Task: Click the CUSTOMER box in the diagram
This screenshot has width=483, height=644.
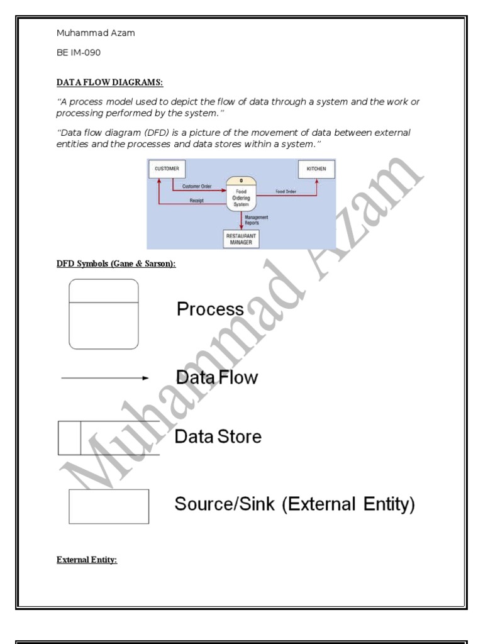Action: pyautogui.click(x=167, y=169)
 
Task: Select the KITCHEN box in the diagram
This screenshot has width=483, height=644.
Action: pyautogui.click(x=316, y=169)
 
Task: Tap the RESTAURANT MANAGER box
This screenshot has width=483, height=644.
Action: pyautogui.click(x=241, y=239)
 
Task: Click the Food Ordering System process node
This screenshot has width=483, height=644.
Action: pyautogui.click(x=241, y=194)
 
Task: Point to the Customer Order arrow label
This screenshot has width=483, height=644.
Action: pyautogui.click(x=197, y=186)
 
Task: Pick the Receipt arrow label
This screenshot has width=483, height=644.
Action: pyautogui.click(x=197, y=201)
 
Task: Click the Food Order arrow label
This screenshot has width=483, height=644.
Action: pyautogui.click(x=286, y=191)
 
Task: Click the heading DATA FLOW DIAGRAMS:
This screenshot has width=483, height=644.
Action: pyautogui.click(x=109, y=82)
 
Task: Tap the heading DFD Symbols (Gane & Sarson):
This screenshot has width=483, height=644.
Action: pyautogui.click(x=116, y=264)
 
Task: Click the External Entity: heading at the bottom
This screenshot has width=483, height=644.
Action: pyautogui.click(x=87, y=560)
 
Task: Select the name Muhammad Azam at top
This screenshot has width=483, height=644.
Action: pyautogui.click(x=96, y=33)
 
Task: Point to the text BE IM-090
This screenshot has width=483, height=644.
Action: pyautogui.click(x=79, y=53)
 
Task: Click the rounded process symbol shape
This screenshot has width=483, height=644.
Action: pyautogui.click(x=104, y=314)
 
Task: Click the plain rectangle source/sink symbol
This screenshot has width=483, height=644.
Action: pyautogui.click(x=109, y=506)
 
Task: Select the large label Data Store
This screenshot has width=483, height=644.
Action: pyautogui.click(x=218, y=436)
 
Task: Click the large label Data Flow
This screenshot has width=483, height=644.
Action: pyautogui.click(x=217, y=377)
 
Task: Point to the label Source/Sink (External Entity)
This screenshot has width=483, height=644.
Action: pyautogui.click(x=294, y=504)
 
